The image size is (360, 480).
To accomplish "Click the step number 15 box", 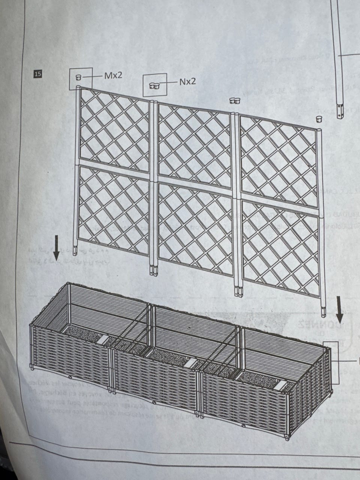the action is [37, 74].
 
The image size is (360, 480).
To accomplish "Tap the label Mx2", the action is [113, 75].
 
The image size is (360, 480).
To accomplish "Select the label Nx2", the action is [187, 82].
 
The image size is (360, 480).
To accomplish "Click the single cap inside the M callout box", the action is [78, 77].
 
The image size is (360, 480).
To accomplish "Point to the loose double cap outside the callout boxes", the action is [235, 100].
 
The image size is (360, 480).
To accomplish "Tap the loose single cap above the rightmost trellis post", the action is [319, 119].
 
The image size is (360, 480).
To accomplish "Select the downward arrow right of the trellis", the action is [339, 310].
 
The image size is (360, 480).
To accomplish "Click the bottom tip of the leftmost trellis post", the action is [75, 255].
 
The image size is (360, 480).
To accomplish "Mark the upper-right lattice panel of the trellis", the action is [279, 161].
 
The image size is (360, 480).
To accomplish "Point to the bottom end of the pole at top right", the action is [340, 118].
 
